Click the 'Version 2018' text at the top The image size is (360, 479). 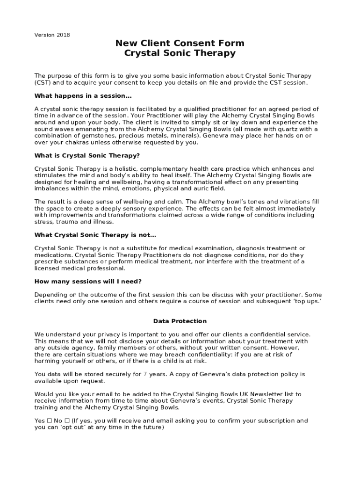tap(52, 35)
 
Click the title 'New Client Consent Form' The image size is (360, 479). tap(180, 44)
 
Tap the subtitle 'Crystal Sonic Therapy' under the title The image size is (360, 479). tap(180, 53)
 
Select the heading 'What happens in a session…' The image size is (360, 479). tap(83, 96)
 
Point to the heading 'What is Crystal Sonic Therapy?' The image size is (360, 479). tap(87, 156)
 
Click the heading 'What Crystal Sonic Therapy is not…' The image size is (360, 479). tap(95, 235)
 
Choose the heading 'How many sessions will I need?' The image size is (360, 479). tap(88, 282)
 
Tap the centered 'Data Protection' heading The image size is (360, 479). tap(180, 321)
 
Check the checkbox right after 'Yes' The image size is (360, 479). tap(49, 421)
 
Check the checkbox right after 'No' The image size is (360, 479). tap(67, 421)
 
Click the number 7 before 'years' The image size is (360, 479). tap(145, 374)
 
